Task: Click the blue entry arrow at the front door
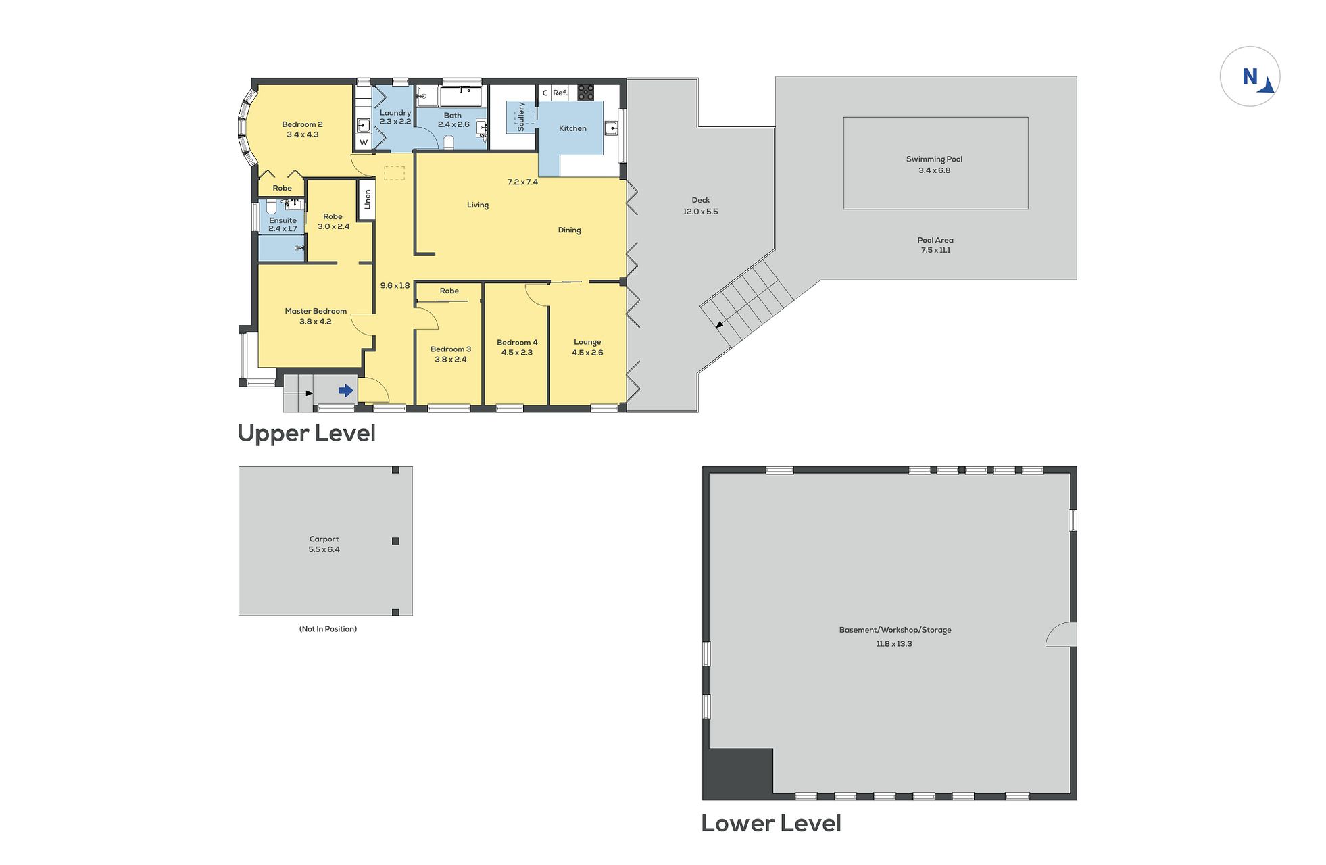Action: coord(345,391)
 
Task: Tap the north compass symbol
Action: coord(1250,76)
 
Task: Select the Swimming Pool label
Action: coord(934,159)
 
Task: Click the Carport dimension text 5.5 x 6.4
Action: coord(324,549)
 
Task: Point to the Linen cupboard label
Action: coord(368,199)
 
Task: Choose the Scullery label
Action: coord(520,116)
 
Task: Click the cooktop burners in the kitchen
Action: coord(585,93)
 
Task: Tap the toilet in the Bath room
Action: coord(448,142)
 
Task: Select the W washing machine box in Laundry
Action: coord(364,142)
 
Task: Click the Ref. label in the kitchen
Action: coord(560,93)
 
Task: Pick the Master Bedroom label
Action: coord(316,311)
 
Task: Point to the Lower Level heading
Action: coord(771,822)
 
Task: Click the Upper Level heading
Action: coord(306,433)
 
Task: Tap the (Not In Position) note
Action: coord(328,629)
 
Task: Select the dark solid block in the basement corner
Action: coord(739,773)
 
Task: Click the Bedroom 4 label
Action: coord(517,343)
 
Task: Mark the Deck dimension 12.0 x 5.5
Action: coord(700,212)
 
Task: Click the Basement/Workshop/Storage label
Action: coord(895,630)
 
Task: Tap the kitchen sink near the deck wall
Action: coord(611,128)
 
